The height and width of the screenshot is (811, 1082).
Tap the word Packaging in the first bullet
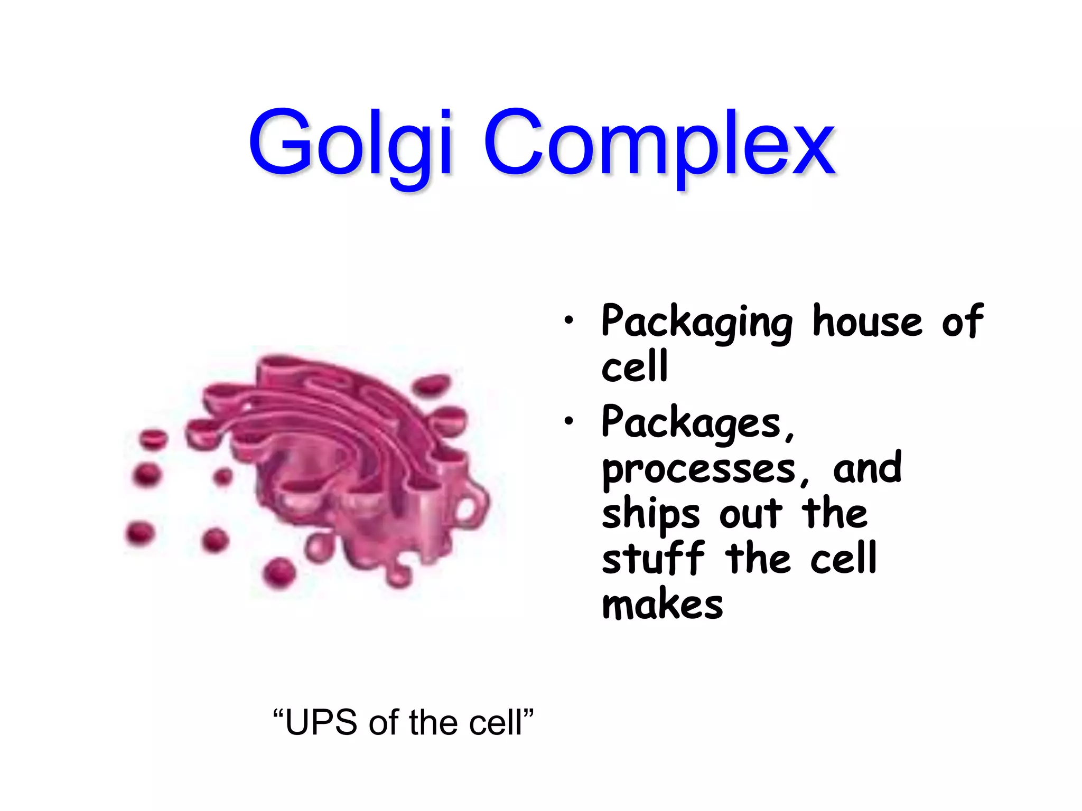[x=696, y=322]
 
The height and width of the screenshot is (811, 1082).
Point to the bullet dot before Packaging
[x=568, y=320]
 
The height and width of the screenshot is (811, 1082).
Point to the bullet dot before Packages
[x=568, y=421]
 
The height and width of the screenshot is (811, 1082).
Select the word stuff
[x=653, y=559]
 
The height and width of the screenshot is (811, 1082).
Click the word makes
[x=663, y=605]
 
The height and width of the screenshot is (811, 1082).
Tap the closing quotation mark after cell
[x=528, y=713]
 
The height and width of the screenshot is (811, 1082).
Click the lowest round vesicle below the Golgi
[x=278, y=572]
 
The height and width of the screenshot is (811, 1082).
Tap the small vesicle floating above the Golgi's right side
[x=432, y=384]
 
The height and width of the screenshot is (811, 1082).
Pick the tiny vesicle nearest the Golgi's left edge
[x=223, y=477]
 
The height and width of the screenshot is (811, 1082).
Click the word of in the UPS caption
[x=385, y=722]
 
